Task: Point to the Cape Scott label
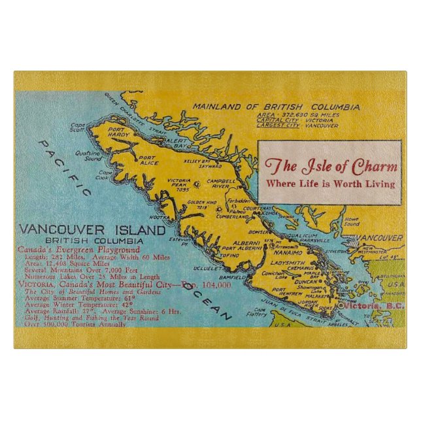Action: pos(78,127)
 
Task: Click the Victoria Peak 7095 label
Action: pos(178,184)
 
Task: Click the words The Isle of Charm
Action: pos(332,165)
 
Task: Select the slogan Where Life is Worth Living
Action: pos(332,184)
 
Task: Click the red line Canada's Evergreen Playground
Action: pos(79,250)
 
